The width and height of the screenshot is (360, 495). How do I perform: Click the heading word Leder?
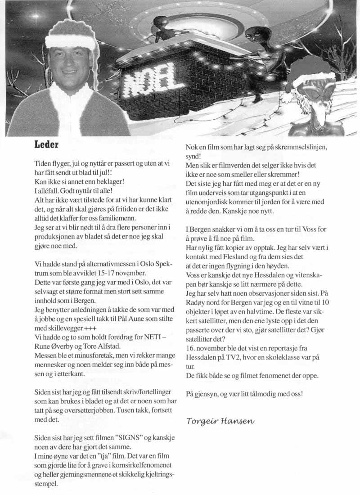pos(48,145)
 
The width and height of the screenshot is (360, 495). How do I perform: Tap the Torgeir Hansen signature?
pos(220,421)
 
